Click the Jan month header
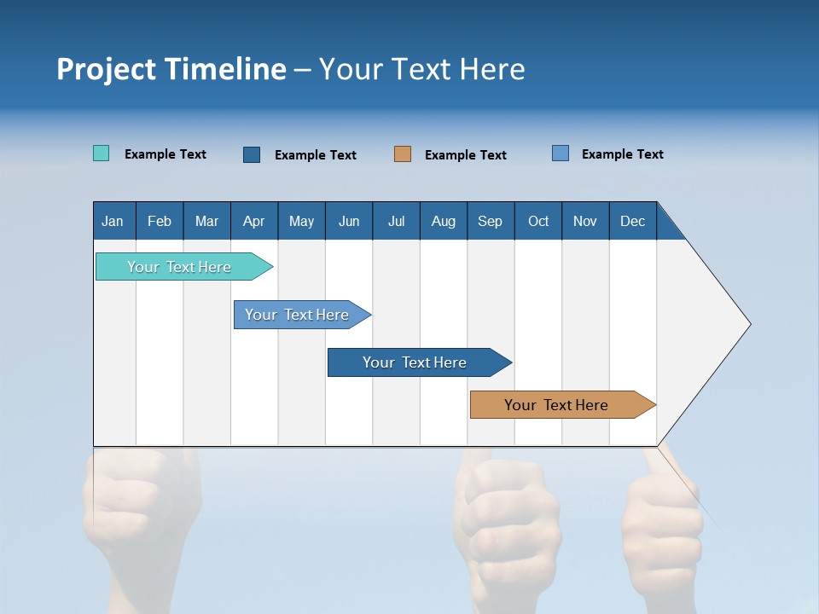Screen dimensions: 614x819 pyautogui.click(x=113, y=221)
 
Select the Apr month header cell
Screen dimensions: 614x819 pyautogui.click(x=254, y=221)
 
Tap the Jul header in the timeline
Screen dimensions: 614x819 pyautogui.click(x=396, y=221)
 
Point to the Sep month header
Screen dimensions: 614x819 pyautogui.click(x=490, y=221)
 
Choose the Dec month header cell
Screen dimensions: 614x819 pyautogui.click(x=632, y=221)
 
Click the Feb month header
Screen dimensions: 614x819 pyautogui.click(x=160, y=221)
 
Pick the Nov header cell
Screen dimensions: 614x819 pyautogui.click(x=585, y=221)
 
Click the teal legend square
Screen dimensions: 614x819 pyautogui.click(x=101, y=153)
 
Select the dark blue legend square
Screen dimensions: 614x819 pyautogui.click(x=252, y=154)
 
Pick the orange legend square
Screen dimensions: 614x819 pyautogui.click(x=403, y=153)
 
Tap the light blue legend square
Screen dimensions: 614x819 pyautogui.click(x=561, y=153)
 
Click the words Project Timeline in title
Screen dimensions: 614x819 pyautogui.click(x=171, y=69)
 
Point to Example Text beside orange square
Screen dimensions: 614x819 pyautogui.click(x=465, y=155)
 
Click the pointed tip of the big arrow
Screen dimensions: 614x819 pyautogui.click(x=748, y=324)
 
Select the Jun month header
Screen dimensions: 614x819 pyautogui.click(x=349, y=221)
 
